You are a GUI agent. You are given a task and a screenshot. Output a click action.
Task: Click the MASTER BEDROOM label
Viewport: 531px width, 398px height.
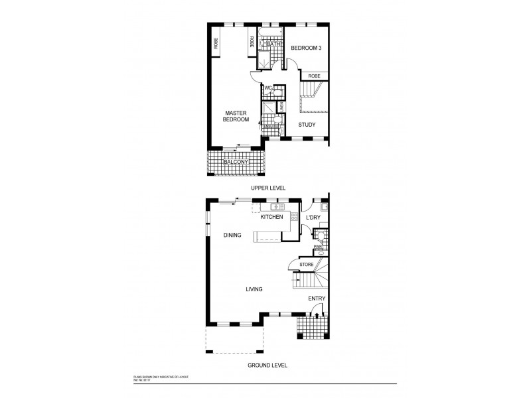236,116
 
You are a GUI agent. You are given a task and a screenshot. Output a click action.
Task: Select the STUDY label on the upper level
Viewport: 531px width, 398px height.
306,124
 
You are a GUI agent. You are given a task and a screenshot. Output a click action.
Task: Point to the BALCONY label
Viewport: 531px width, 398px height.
236,162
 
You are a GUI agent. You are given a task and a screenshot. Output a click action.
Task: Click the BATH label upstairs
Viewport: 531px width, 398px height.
272,44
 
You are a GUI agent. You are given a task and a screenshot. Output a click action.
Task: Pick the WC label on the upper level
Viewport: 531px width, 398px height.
268,88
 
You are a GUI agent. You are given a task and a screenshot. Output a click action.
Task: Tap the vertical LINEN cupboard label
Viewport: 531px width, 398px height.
281,106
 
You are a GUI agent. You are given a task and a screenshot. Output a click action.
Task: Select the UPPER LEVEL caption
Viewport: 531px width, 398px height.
267,188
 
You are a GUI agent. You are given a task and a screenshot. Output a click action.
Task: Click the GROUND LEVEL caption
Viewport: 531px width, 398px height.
267,365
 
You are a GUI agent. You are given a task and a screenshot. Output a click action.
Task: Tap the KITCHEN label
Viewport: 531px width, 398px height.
271,217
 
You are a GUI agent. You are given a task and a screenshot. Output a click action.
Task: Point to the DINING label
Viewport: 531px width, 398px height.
232,235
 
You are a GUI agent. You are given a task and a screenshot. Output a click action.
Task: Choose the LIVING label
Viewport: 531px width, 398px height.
254,289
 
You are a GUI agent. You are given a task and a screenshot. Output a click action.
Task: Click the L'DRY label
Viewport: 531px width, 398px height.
313,217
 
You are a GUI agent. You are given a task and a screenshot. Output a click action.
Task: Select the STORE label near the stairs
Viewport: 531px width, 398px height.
306,265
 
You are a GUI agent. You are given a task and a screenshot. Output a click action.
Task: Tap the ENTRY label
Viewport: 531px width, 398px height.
317,298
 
